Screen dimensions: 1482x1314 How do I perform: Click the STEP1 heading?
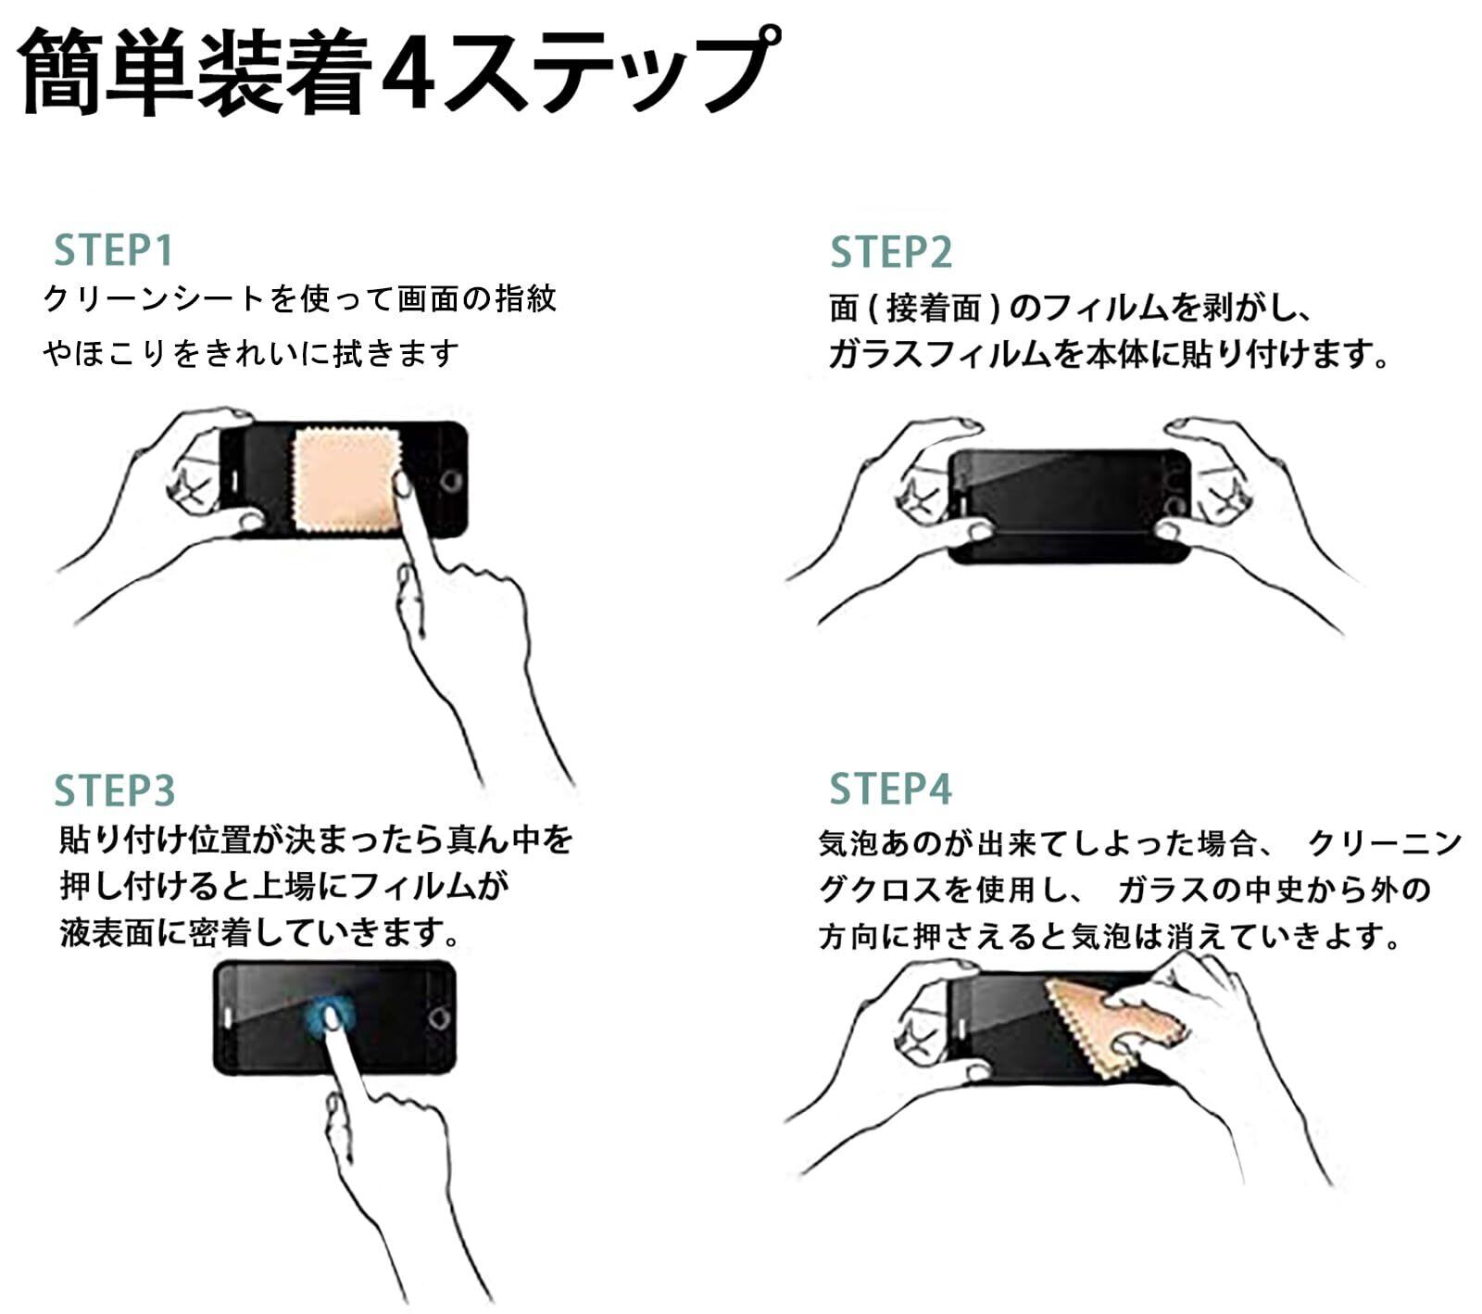click(x=113, y=250)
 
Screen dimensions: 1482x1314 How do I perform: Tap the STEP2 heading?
click(x=890, y=252)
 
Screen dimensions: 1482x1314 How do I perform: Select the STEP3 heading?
click(x=114, y=790)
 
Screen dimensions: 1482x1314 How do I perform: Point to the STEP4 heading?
click(x=890, y=789)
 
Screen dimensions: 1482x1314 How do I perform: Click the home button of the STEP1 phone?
click(x=451, y=480)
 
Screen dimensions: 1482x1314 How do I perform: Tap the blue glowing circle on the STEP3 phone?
click(x=331, y=1017)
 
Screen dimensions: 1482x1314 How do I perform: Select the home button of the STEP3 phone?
click(x=439, y=1017)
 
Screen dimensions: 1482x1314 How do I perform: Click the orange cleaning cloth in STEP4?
click(x=1111, y=1024)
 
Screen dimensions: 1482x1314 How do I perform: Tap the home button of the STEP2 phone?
click(x=1175, y=506)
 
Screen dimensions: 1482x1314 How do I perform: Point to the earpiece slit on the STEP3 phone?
click(x=228, y=1017)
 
